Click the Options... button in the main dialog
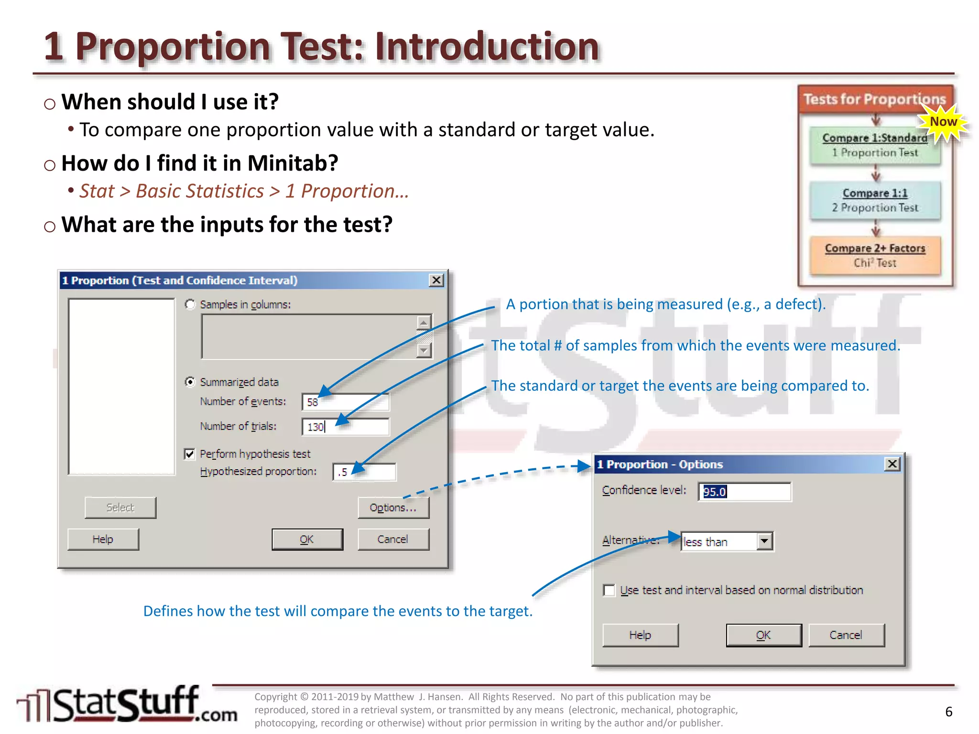[393, 507]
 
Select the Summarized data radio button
[190, 382]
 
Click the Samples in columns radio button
[190, 304]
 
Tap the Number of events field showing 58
[345, 402]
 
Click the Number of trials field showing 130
[345, 427]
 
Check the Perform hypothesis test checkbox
[190, 454]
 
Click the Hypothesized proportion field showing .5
[364, 472]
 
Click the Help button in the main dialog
[103, 539]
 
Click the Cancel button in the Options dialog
[846, 635]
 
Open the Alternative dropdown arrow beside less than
[764, 541]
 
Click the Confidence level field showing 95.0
[744, 492]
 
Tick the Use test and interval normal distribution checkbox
[609, 590]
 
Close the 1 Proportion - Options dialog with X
[892, 464]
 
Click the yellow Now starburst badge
[943, 122]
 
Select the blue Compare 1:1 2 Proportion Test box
[875, 200]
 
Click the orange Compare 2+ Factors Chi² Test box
[875, 256]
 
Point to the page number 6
[948, 712]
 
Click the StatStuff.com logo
[127, 705]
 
